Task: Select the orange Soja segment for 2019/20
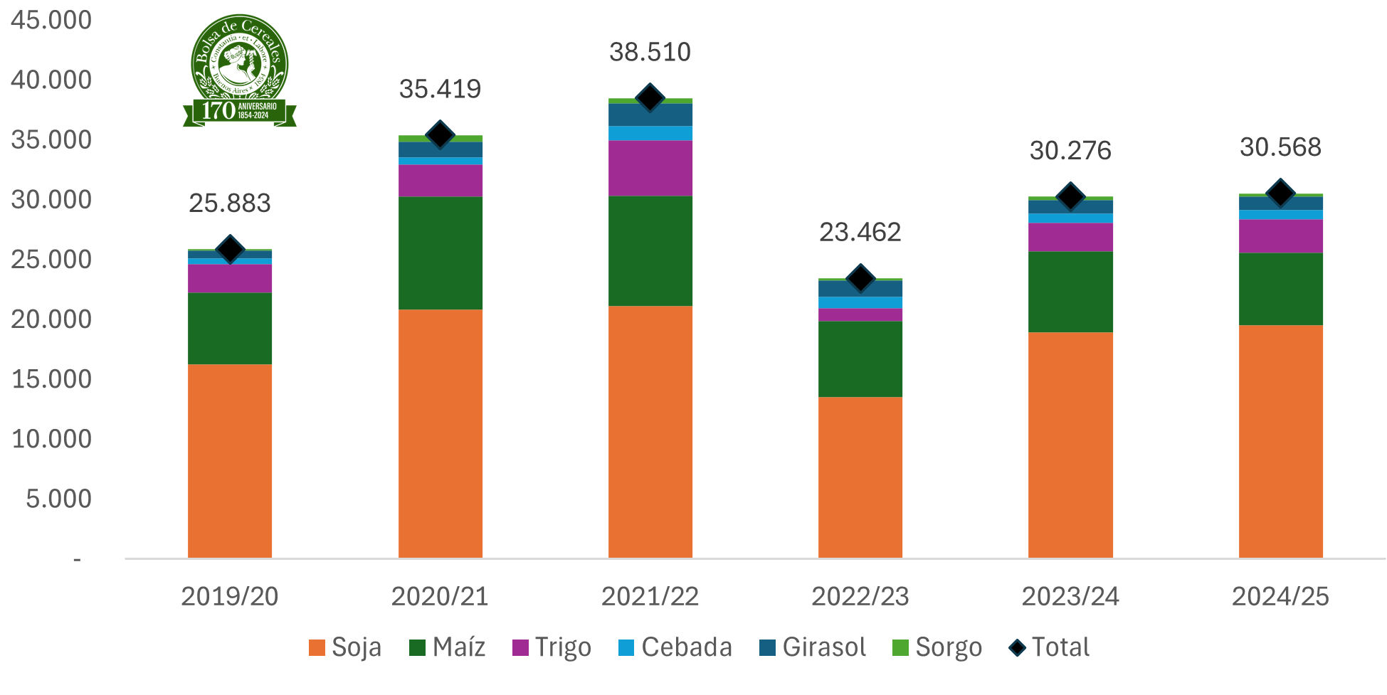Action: pos(230,461)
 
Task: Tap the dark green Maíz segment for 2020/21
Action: pos(440,253)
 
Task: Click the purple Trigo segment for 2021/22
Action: pos(650,168)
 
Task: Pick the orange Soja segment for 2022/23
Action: pos(860,477)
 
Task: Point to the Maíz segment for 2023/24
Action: pos(1070,292)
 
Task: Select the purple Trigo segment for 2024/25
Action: pos(1280,236)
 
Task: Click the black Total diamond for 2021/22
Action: pos(650,97)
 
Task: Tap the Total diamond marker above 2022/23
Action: pos(860,278)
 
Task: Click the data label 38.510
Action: pos(650,53)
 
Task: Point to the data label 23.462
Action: pos(860,233)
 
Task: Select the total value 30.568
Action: pos(1280,148)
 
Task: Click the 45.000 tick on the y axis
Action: pos(51,21)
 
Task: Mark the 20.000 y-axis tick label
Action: pos(51,319)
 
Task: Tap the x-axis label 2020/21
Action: pos(440,596)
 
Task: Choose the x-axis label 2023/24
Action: pos(1070,596)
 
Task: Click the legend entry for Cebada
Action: pos(675,647)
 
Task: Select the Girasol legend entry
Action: pos(813,647)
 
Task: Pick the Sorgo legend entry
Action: pos(937,647)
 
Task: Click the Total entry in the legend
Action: pos(1050,647)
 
